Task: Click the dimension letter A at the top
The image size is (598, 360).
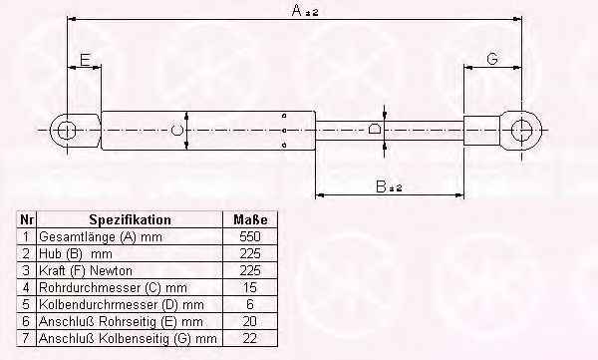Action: [x=297, y=10]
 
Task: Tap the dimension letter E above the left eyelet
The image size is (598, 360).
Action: [x=85, y=60]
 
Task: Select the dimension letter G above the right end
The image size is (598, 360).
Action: [x=492, y=59]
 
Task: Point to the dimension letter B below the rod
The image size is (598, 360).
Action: [x=381, y=186]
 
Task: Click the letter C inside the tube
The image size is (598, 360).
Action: [x=176, y=131]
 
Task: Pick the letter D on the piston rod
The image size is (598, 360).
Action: [x=375, y=129]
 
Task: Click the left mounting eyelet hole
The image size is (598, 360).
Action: [x=67, y=131]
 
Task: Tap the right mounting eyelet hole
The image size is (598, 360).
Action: [x=521, y=130]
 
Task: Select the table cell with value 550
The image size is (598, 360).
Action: [x=250, y=236]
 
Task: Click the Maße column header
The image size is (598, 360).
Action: [x=250, y=219]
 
